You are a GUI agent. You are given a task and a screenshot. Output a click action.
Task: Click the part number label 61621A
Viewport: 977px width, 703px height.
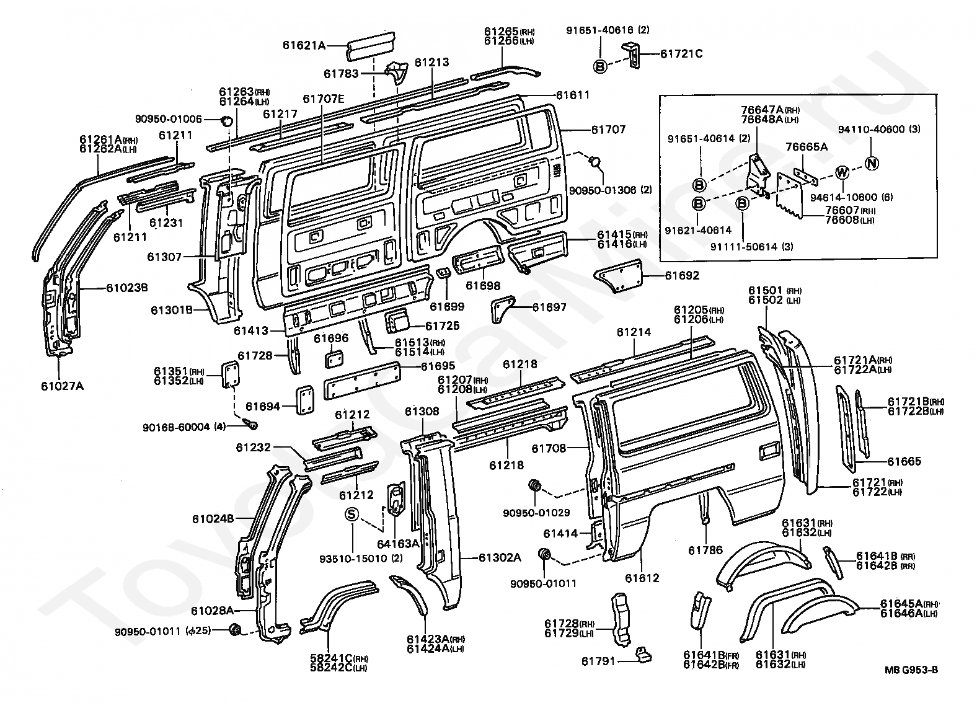click(304, 45)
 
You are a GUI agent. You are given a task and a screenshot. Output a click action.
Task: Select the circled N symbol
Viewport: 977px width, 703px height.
click(871, 164)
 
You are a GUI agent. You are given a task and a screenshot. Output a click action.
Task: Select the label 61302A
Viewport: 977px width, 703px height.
click(500, 557)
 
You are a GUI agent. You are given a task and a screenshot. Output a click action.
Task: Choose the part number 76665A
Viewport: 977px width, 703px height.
click(807, 147)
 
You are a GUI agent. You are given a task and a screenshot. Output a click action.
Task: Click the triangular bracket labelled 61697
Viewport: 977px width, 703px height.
click(503, 309)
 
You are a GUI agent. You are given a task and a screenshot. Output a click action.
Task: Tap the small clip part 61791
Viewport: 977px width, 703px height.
click(643, 655)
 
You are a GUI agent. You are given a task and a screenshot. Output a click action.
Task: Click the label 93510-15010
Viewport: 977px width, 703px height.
click(354, 558)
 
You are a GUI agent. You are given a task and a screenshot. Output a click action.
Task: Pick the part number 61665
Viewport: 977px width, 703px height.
click(904, 461)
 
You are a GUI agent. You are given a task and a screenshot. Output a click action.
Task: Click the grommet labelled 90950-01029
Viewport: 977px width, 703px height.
click(533, 487)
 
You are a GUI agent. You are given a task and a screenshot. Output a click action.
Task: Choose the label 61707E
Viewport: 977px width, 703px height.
click(324, 99)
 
